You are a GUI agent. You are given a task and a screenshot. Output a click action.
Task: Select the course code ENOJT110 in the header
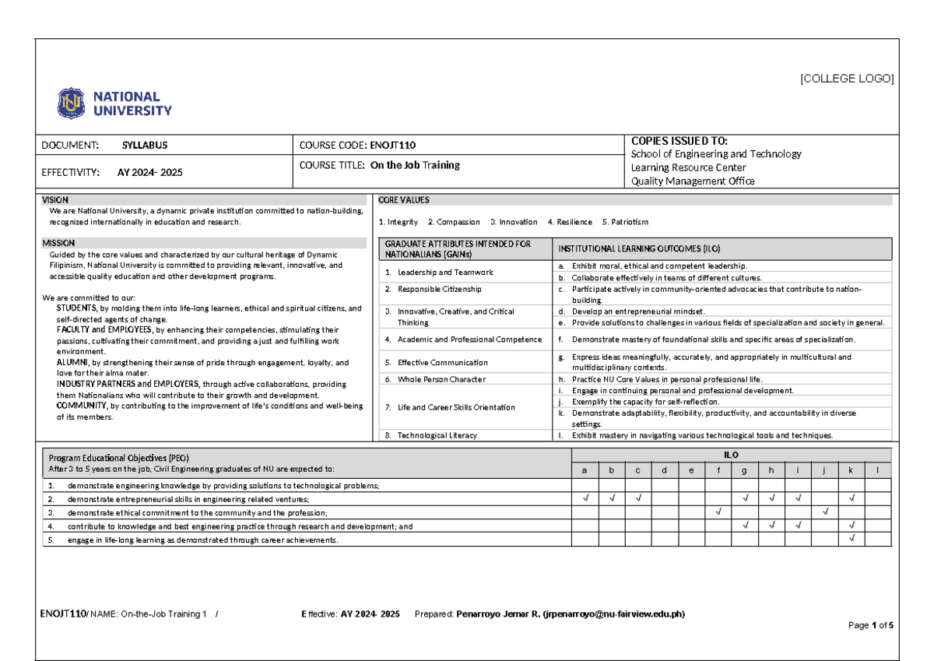coord(398,145)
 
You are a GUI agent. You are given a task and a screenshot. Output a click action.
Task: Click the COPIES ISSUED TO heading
coord(679,141)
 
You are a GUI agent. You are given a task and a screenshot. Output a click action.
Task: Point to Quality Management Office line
coord(692,181)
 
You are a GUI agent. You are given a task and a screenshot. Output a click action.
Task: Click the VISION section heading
coord(55,200)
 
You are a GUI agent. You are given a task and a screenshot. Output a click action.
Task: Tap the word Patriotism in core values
coord(630,222)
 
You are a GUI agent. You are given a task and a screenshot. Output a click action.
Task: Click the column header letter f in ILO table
coord(718,470)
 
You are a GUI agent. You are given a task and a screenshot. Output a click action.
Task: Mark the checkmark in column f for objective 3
coord(718,512)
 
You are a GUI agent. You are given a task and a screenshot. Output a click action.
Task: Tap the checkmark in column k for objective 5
coord(851,539)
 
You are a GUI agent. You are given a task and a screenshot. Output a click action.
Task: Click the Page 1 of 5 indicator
coord(871,626)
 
